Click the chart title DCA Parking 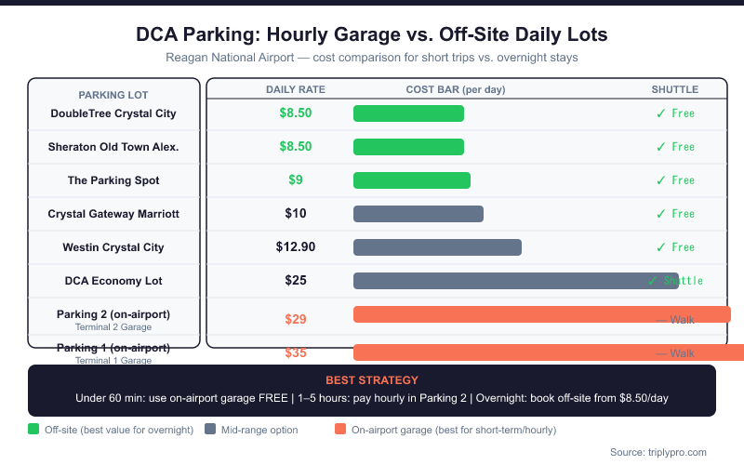[371, 35]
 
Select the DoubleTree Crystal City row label [113, 113]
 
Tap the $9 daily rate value [296, 180]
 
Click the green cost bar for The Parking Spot [412, 180]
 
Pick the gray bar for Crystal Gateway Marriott [418, 214]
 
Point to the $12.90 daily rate [296, 247]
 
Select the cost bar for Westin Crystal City [437, 247]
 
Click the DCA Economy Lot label [113, 280]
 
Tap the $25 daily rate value [296, 280]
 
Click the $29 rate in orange [296, 319]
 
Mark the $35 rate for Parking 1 [296, 353]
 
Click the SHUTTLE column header [674, 90]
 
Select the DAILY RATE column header [296, 90]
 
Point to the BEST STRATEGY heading [371, 380]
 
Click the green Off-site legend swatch [33, 430]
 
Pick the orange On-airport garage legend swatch [339, 430]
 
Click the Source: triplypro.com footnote [658, 452]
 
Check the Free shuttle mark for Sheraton [674, 147]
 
